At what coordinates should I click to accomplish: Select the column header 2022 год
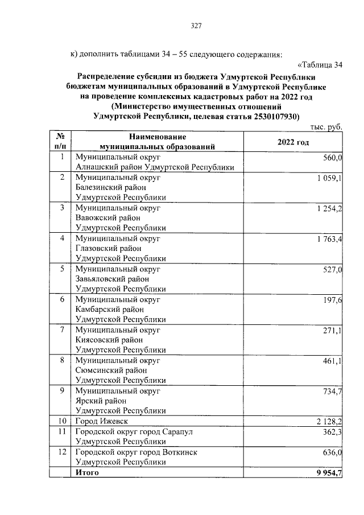[x=293, y=142]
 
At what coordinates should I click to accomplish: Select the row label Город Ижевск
[x=101, y=421]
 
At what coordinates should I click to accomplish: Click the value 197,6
[x=332, y=300]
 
